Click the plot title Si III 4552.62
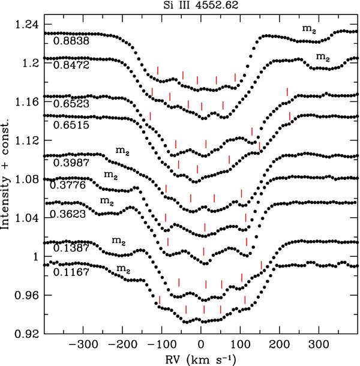click(x=201, y=5)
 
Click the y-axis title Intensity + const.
click(x=5, y=173)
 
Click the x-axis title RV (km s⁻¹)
click(x=200, y=359)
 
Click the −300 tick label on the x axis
click(x=83, y=344)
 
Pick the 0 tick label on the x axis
click(x=201, y=344)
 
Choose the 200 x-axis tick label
click(x=279, y=344)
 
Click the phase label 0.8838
click(x=71, y=41)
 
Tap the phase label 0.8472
click(x=71, y=65)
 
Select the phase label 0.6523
click(x=71, y=104)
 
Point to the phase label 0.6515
click(x=71, y=125)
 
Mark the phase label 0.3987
click(x=71, y=163)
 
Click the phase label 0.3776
click(x=68, y=185)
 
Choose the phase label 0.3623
click(x=68, y=214)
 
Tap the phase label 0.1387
click(x=71, y=248)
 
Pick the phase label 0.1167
click(x=71, y=272)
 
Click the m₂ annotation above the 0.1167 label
click(x=123, y=269)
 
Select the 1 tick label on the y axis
click(x=36, y=257)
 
